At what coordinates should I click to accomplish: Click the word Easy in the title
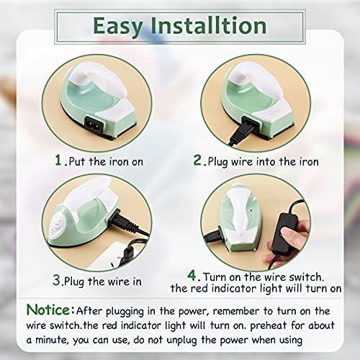118,27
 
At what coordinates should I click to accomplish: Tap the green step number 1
58,160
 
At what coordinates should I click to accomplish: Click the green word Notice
48,310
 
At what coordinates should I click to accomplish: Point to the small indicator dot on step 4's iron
251,210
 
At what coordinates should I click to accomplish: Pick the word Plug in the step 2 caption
217,162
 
